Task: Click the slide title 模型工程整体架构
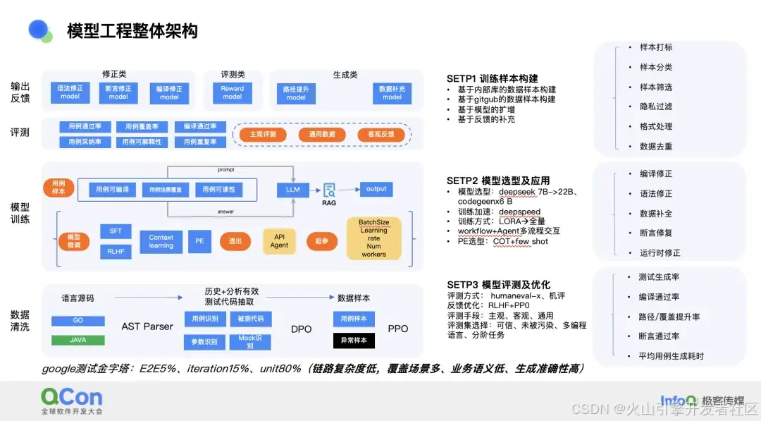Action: coord(132,31)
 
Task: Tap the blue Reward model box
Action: coord(233,92)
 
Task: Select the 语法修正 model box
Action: coord(70,92)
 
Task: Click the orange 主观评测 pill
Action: coord(263,134)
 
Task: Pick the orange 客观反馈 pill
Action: coord(381,134)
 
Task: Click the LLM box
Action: coord(293,190)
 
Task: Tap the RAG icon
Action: coord(329,192)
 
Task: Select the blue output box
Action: coord(376,189)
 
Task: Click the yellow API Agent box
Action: coord(279,241)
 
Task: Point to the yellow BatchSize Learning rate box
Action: coord(373,238)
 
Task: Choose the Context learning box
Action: coord(161,241)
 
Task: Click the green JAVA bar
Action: coord(78,340)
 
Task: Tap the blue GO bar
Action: coord(78,320)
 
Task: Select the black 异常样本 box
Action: coord(354,341)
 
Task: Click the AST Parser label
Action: coord(147,327)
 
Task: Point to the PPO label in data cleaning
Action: coord(397,329)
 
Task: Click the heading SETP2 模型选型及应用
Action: coord(498,181)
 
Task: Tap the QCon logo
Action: coord(71,398)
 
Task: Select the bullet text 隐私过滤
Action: coord(655,106)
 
